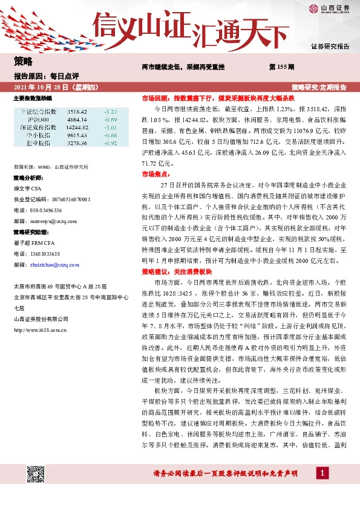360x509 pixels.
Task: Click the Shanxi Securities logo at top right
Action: pyautogui.click(x=329, y=8)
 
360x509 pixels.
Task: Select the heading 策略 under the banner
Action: pyautogui.click(x=22, y=61)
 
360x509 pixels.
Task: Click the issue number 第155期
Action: pyautogui.click(x=281, y=66)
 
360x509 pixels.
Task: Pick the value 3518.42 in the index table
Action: pyautogui.click(x=77, y=112)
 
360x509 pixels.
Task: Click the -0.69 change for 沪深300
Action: pyautogui.click(x=110, y=120)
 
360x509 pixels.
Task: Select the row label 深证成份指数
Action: pyautogui.click(x=38, y=128)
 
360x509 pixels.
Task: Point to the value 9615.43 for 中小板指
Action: pyautogui.click(x=77, y=135)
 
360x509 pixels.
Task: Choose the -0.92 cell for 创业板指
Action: pyautogui.click(x=110, y=143)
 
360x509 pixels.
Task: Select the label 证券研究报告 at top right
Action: pyautogui.click(x=330, y=46)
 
